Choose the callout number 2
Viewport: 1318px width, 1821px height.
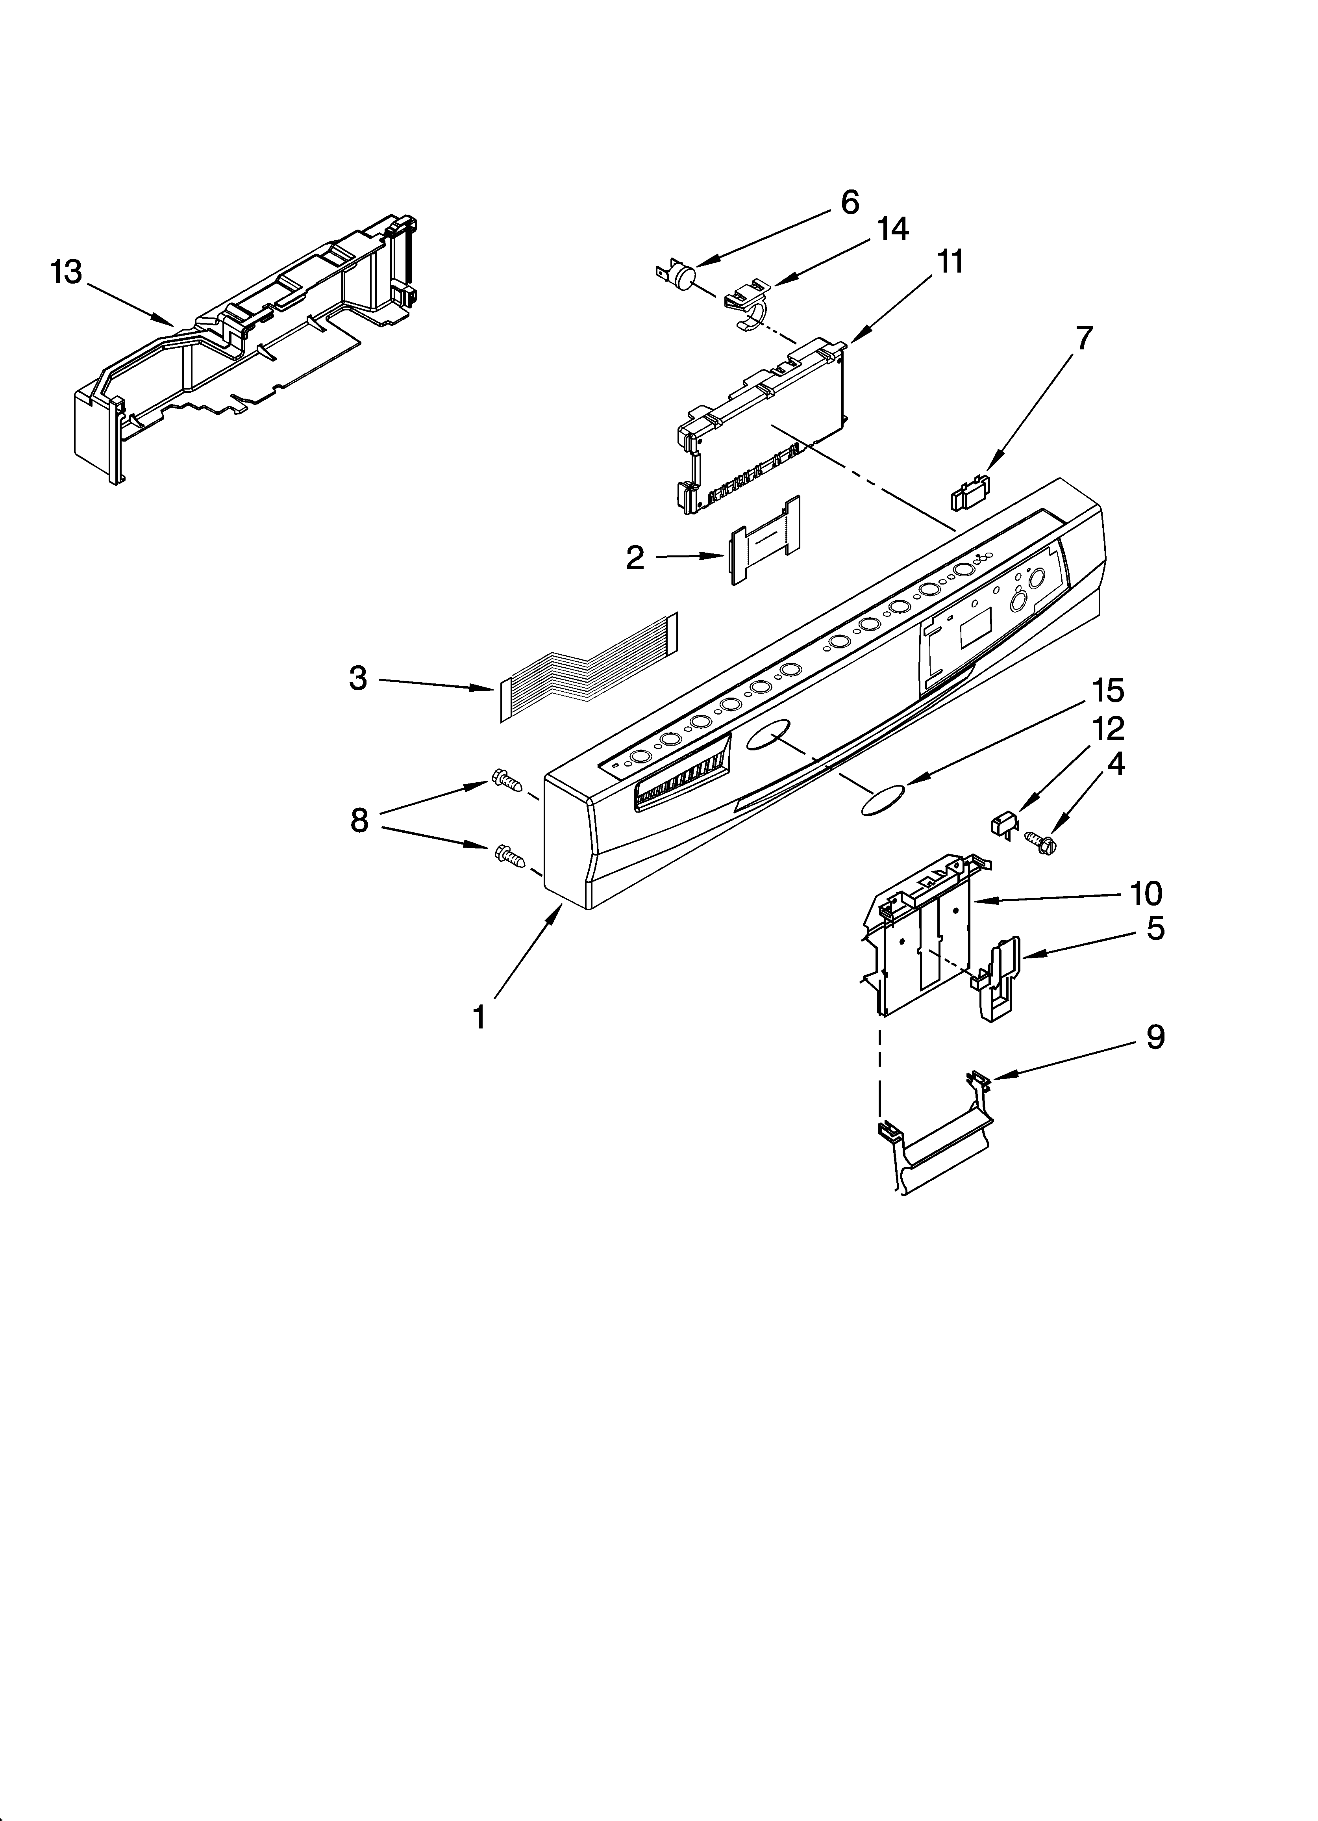point(635,558)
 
